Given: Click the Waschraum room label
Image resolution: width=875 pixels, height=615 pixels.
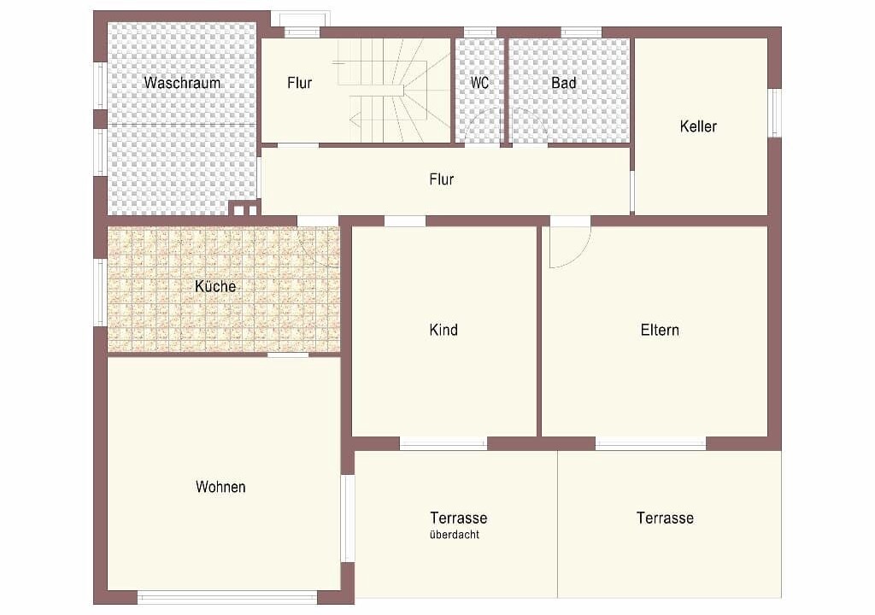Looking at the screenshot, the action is click(182, 83).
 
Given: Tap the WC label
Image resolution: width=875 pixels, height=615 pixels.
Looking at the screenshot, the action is click(479, 83).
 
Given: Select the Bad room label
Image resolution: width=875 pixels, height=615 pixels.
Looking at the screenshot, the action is click(564, 83).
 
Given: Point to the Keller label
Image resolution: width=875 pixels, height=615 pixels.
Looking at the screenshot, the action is click(698, 126).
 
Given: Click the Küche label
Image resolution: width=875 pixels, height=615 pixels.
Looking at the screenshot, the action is click(215, 286).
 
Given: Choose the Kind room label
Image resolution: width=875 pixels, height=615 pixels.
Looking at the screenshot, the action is click(443, 330).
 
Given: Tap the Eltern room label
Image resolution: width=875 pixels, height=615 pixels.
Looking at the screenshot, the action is click(660, 330).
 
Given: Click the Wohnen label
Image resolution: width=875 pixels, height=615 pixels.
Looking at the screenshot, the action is click(220, 487).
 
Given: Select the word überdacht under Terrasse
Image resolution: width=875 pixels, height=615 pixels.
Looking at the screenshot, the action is click(455, 535).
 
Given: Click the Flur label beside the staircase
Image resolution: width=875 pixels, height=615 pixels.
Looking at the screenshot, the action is click(300, 83).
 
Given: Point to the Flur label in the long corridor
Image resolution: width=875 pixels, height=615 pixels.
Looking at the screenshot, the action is click(442, 179).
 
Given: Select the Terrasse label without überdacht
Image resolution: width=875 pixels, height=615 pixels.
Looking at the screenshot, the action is click(665, 518).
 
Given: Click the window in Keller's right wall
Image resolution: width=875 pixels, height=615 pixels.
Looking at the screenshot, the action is click(775, 113).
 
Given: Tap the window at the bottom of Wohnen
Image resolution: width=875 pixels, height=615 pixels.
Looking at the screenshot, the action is click(227, 598).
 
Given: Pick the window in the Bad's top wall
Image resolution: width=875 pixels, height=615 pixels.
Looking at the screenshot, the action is click(581, 32).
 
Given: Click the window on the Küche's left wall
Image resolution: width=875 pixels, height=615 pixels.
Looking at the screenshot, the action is click(101, 292).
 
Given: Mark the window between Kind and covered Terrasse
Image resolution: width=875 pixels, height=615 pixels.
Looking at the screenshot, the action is click(443, 444).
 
